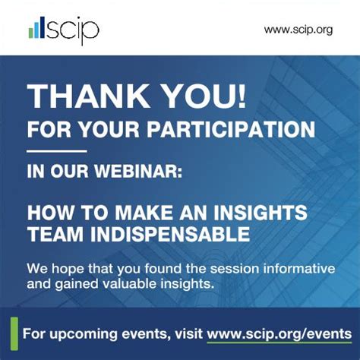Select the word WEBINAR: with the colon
click(141, 172)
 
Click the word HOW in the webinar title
click(47, 213)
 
